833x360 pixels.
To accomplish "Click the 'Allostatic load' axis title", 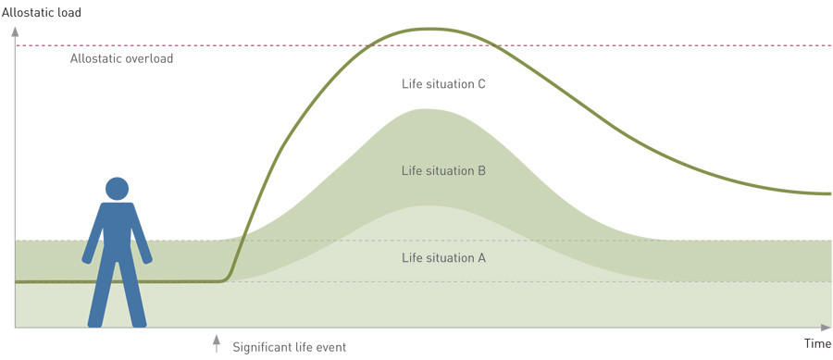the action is (x=42, y=12).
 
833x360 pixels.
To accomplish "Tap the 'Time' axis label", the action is (x=817, y=343).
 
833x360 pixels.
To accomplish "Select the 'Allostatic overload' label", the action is (x=121, y=58).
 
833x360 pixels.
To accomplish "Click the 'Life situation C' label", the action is (x=443, y=84).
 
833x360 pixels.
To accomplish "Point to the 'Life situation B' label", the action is (x=443, y=171).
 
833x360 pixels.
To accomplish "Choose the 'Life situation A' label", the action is (x=443, y=258).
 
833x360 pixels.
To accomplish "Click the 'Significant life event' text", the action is (x=290, y=348).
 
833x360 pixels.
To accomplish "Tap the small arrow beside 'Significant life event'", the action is (x=217, y=343).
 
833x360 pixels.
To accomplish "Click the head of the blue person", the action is (x=117, y=189).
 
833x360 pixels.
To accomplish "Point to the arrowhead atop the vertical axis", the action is (x=15, y=31).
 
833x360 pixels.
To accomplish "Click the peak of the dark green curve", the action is (x=431, y=29).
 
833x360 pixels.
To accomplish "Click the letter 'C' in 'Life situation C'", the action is (x=482, y=84).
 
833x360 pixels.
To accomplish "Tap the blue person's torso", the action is (x=117, y=231).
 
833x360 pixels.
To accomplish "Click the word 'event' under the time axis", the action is (x=332, y=348).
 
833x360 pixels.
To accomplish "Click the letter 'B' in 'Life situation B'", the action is (x=482, y=171).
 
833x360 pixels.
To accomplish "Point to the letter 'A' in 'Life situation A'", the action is (x=482, y=258).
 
